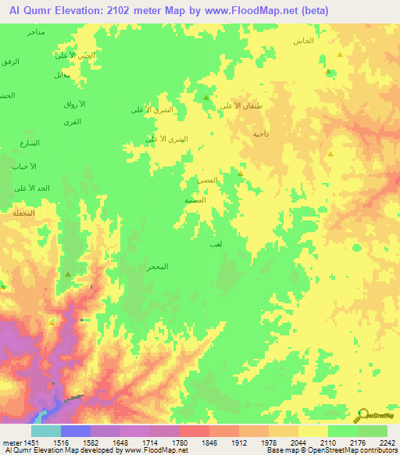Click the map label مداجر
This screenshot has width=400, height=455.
pyautogui.click(x=35, y=32)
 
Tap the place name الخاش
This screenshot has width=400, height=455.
pyautogui.click(x=303, y=40)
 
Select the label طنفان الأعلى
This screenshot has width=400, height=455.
pyautogui.click(x=237, y=106)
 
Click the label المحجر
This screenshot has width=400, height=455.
pyautogui.click(x=158, y=267)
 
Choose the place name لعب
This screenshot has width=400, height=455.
pyautogui.click(x=216, y=245)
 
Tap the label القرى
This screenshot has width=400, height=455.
pyautogui.click(x=73, y=124)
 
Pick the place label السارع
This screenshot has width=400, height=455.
pyautogui.click(x=30, y=143)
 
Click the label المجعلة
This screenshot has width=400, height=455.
pyautogui.click(x=23, y=213)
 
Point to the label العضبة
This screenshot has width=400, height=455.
pyautogui.click(x=195, y=200)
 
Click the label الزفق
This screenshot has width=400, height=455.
pyautogui.click(x=9, y=61)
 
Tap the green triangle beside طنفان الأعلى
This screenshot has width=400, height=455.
pyautogui.click(x=205, y=99)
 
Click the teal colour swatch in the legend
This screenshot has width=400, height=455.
pyautogui.click(x=46, y=431)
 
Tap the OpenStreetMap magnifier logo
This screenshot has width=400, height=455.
pyautogui.click(x=363, y=415)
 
